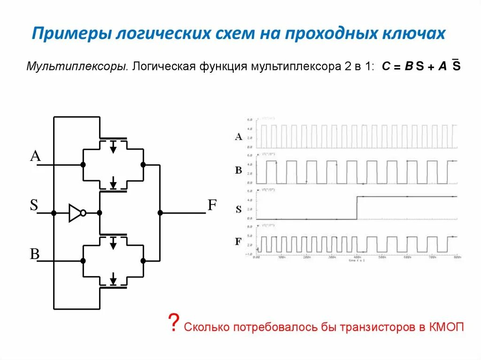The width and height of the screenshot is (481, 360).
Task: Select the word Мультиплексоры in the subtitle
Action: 78,66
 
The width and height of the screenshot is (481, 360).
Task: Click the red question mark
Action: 173,323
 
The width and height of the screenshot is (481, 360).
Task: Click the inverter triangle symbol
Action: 76,213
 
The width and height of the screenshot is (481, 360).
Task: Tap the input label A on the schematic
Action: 35,156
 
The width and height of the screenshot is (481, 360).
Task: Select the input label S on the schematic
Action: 34,205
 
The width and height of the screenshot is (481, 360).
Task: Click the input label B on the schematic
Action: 35,254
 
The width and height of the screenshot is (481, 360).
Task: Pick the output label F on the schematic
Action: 212,205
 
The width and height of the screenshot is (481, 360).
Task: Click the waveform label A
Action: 239,137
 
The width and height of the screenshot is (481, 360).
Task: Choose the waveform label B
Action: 239,170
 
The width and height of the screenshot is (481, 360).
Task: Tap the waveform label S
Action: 239,209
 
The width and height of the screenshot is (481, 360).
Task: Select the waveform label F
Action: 239,242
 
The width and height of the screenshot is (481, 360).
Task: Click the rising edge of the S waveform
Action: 357,207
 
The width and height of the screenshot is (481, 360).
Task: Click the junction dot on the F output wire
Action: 160,213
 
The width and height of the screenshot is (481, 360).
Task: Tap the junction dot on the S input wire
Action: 54,213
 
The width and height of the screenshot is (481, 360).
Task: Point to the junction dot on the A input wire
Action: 83,165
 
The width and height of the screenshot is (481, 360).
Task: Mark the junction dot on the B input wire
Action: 83,260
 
